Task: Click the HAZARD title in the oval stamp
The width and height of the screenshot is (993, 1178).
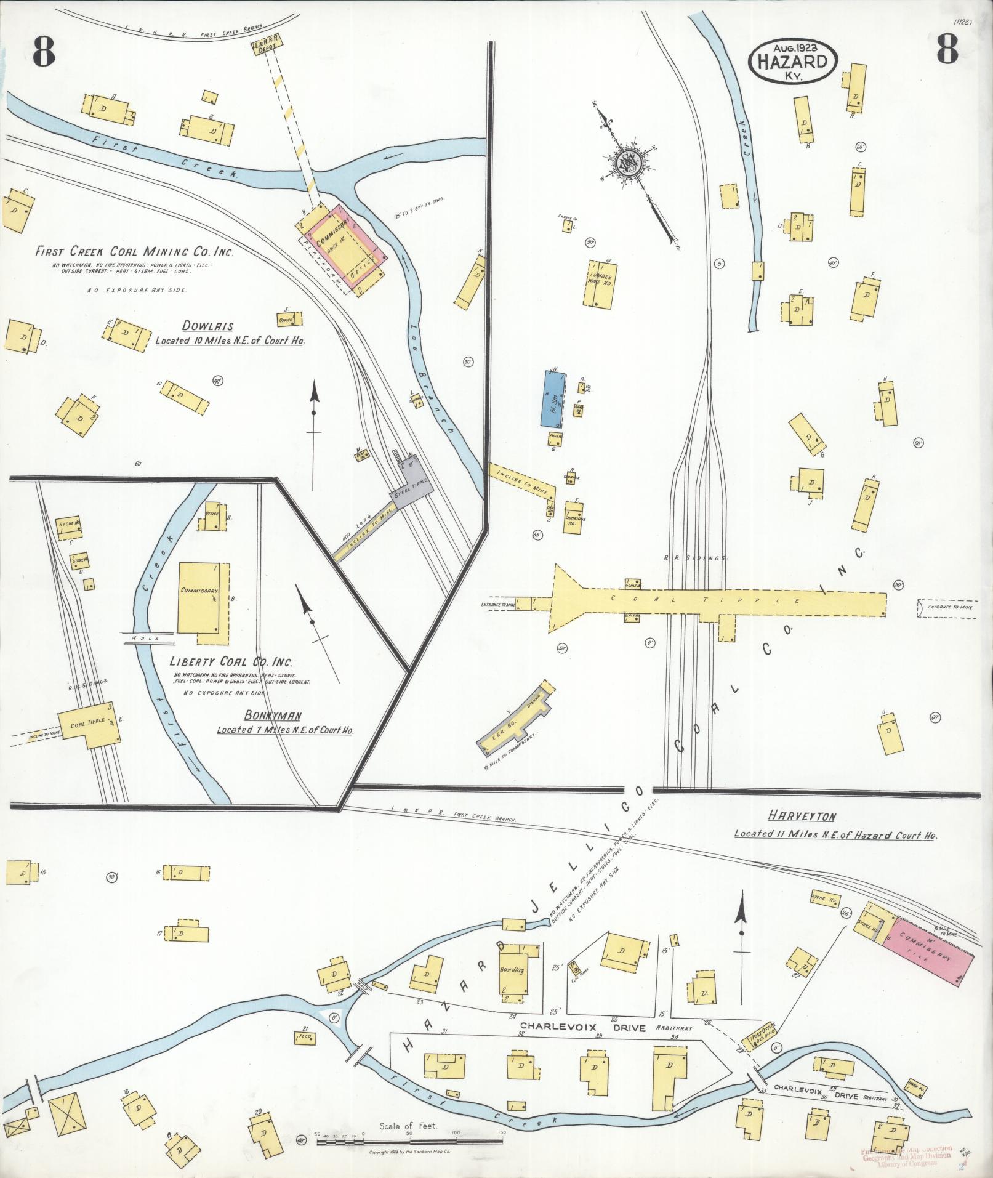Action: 792,62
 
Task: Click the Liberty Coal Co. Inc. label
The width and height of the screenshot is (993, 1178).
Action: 231,663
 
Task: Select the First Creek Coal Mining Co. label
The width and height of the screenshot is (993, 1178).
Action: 134,252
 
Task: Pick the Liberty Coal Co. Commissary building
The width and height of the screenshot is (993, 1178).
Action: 200,596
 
